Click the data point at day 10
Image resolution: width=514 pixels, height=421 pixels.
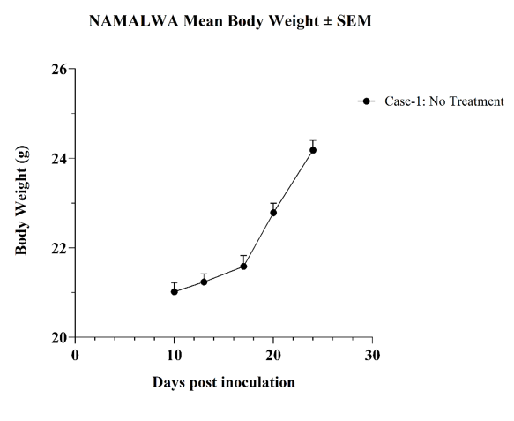(175, 291)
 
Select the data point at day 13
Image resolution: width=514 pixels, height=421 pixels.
(204, 282)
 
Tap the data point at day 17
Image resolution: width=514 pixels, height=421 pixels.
(243, 267)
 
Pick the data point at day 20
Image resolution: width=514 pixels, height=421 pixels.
(273, 213)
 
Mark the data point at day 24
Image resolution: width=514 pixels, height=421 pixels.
(313, 150)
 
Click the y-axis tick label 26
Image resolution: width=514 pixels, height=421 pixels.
(59, 69)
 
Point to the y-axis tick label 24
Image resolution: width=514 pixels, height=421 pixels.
(59, 159)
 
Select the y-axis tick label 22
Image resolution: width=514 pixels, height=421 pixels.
(59, 248)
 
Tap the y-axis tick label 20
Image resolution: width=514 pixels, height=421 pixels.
(59, 338)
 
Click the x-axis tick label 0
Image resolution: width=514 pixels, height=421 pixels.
(75, 355)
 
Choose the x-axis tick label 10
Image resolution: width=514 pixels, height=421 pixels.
(175, 355)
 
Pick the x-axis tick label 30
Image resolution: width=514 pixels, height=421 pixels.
(372, 355)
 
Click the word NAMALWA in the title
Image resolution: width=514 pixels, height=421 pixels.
(134, 21)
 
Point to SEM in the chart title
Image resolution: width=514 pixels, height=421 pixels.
(354, 21)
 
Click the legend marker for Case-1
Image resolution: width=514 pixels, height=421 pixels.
(367, 101)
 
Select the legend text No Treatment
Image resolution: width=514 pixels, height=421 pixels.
(466, 101)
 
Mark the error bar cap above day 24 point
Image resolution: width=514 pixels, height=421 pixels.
(313, 140)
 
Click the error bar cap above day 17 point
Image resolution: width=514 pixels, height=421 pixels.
(243, 255)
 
